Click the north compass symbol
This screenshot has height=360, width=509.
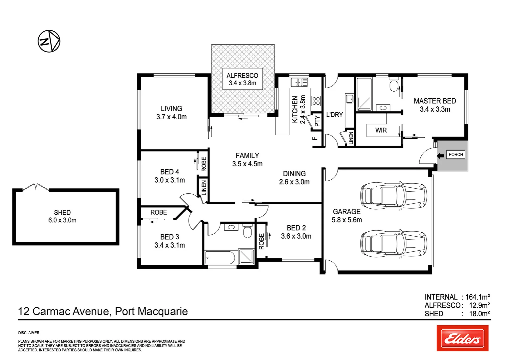pos(49,41)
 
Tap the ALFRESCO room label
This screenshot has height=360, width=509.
pos(242,79)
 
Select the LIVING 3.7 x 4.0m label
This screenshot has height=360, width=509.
pos(171,113)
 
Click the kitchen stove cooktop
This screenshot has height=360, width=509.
pos(316,101)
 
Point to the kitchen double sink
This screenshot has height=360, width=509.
pos(299,82)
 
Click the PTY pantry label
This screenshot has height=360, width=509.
pos(317,121)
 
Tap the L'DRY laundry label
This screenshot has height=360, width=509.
pos(334,115)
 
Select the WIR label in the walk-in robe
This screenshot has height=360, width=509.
pos(381,130)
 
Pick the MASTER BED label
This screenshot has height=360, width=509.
pos(435,105)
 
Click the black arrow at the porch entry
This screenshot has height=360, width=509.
pos(440,155)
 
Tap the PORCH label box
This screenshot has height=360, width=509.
pos(456,155)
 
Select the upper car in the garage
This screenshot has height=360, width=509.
pos(393,195)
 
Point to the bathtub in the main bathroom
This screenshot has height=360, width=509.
pos(220,257)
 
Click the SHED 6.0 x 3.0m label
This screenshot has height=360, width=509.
pos(62,216)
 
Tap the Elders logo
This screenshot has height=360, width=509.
pos(462,338)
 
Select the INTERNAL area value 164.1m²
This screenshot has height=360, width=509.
pos(477,297)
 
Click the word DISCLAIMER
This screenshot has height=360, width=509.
pos(29,333)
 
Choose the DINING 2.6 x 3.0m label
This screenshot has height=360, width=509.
pos(294,178)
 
